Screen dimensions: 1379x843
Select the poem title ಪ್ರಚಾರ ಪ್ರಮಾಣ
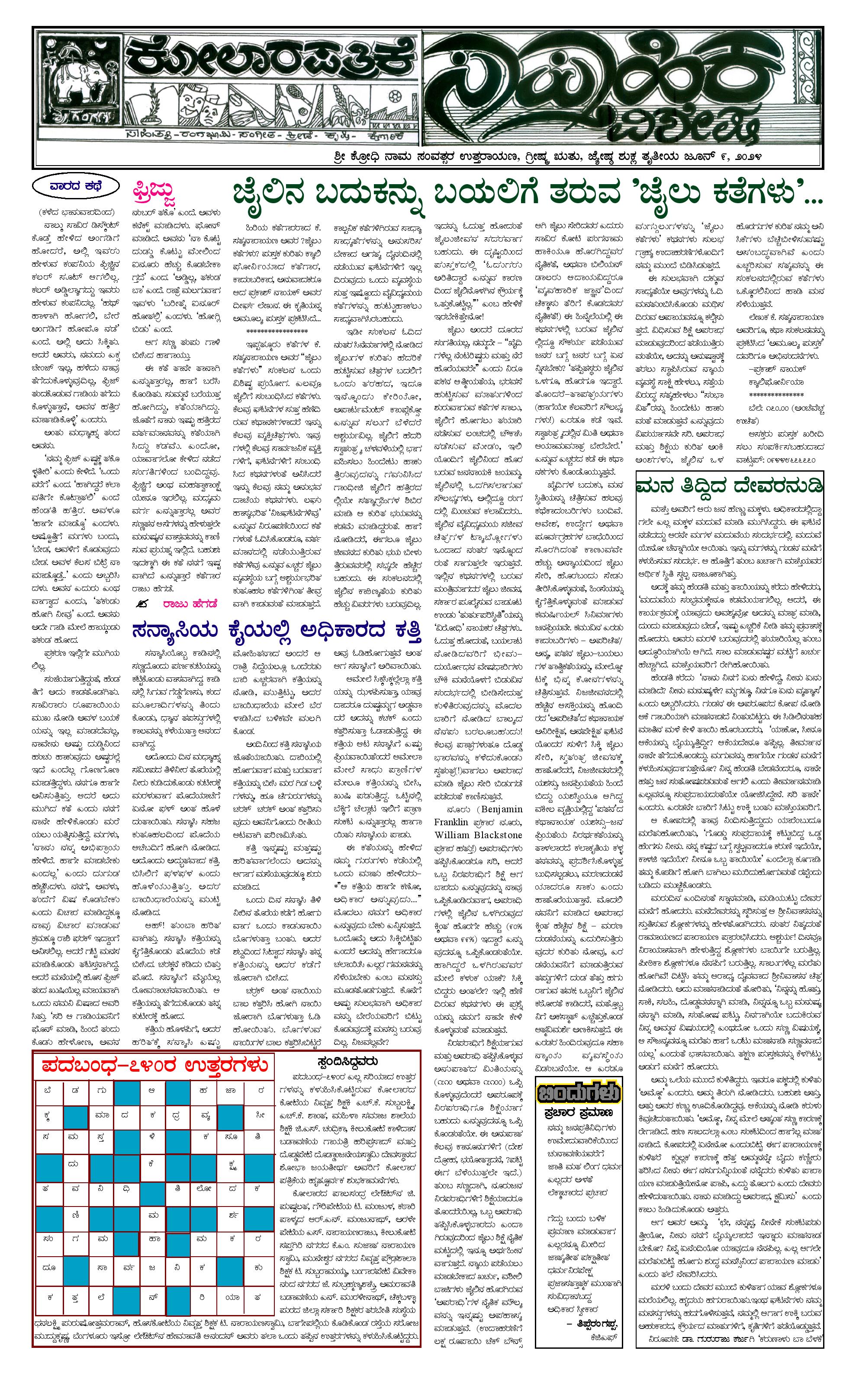point(579,1113)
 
